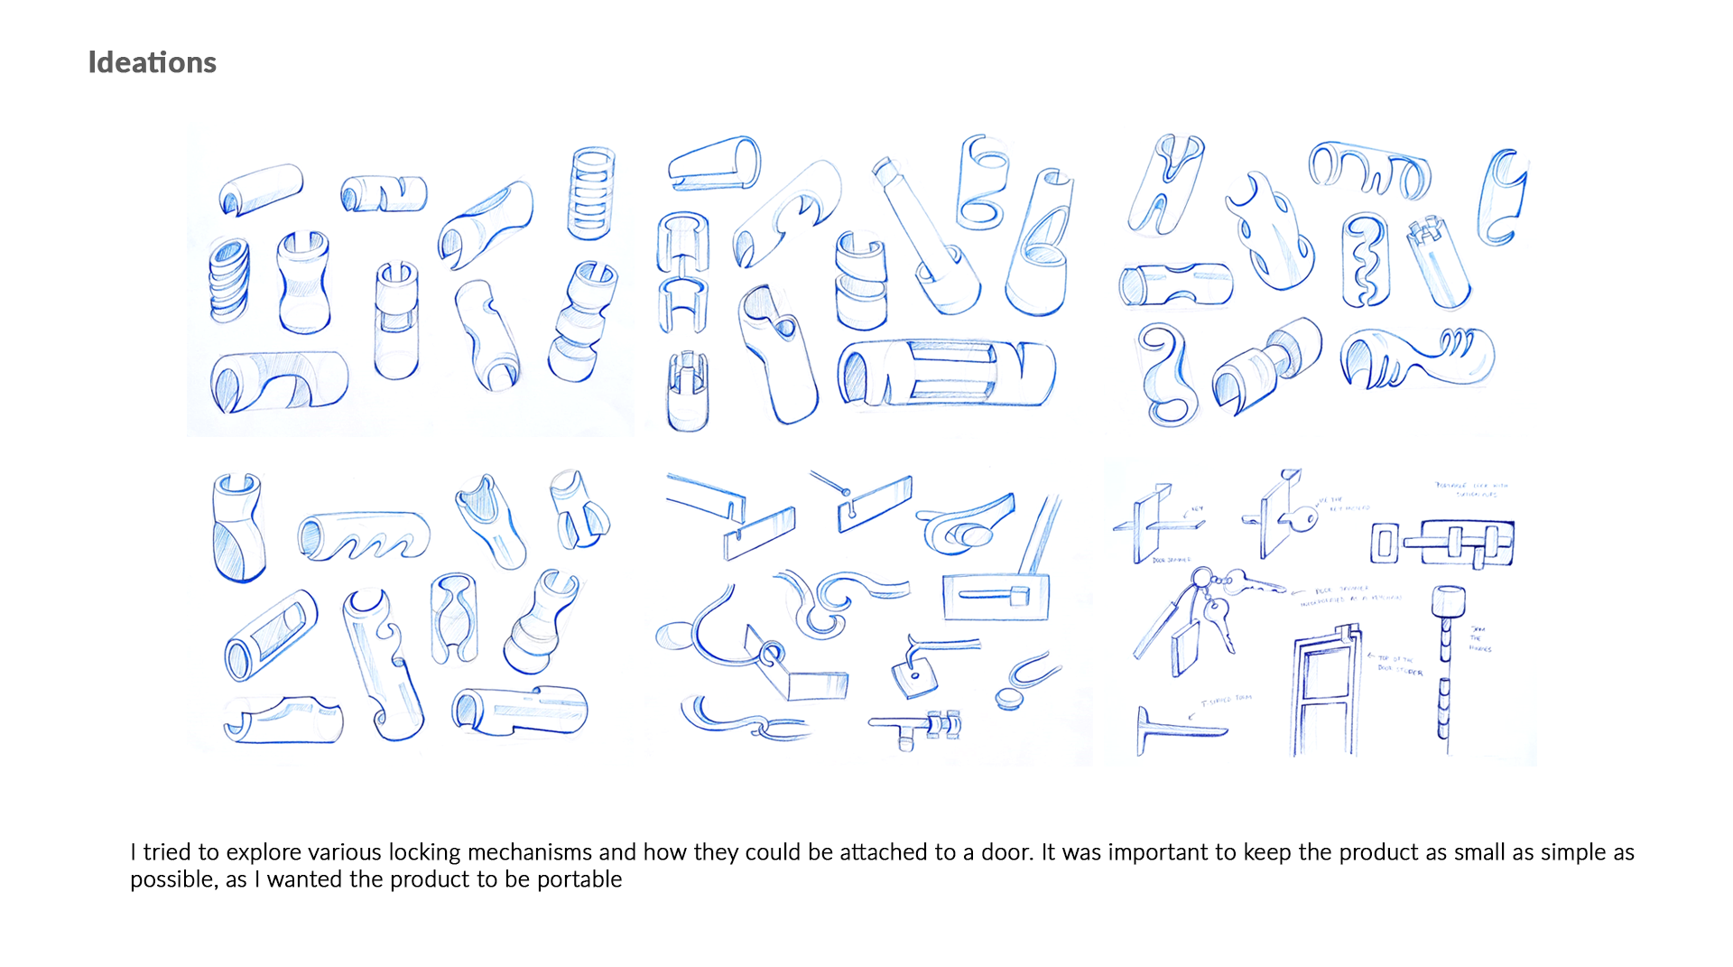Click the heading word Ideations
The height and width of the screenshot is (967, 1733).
tap(152, 62)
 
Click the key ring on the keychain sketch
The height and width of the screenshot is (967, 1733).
tap(1201, 578)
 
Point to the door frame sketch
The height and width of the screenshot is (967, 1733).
tap(1326, 695)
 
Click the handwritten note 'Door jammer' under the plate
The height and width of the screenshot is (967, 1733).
tap(1171, 561)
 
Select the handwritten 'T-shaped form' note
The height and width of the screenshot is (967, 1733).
tap(1226, 700)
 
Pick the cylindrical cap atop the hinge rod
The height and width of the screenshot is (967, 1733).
tap(1447, 600)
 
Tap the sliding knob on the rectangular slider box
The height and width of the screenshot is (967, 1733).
tap(1019, 595)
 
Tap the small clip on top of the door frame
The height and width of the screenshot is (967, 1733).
tap(1350, 633)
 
